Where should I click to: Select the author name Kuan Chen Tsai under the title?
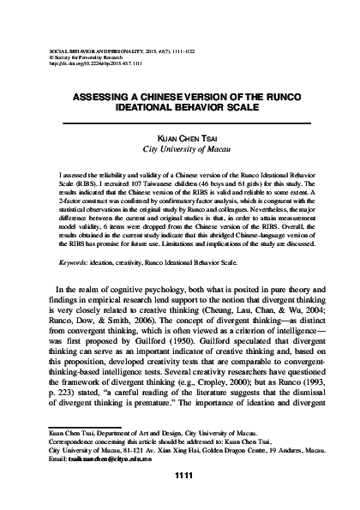(x=180, y=138)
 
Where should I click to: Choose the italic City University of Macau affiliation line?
(x=180, y=148)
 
